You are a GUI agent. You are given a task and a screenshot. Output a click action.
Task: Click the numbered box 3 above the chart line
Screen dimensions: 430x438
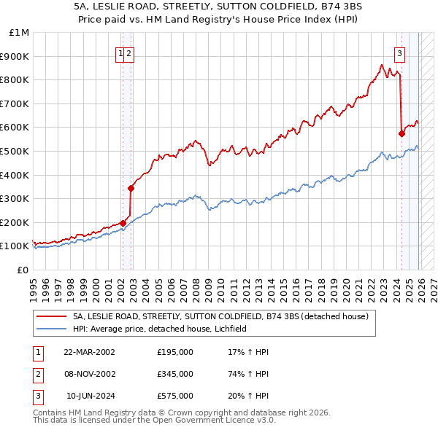pos(400,52)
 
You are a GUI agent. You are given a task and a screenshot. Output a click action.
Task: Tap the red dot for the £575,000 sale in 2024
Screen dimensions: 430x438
pos(401,133)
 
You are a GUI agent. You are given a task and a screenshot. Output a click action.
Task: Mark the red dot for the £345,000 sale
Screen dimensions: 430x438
pos(131,188)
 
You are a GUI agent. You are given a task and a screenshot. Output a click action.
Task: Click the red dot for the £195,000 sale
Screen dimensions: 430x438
pos(123,224)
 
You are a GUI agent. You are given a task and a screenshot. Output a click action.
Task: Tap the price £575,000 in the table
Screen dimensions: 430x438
pos(175,396)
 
